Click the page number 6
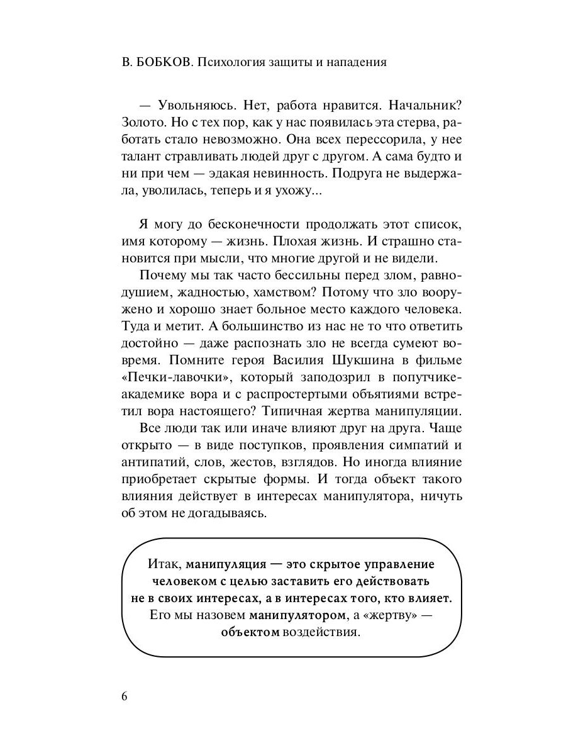[124, 698]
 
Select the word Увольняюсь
[194, 104]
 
